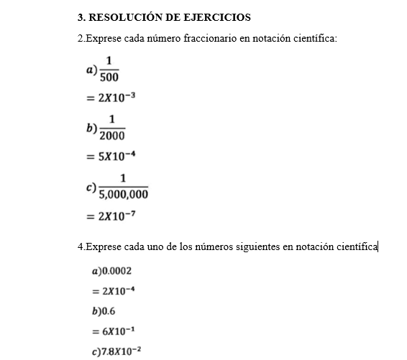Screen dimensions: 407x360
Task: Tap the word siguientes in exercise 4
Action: click(252, 247)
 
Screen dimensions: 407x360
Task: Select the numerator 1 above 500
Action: click(109, 61)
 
